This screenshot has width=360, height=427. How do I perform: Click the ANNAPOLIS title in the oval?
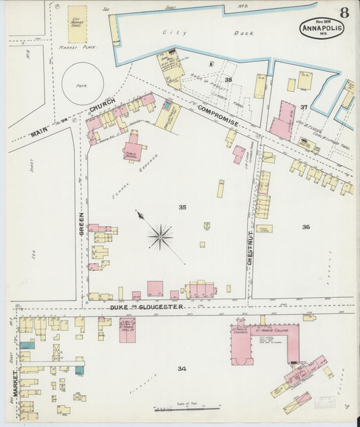click(322, 28)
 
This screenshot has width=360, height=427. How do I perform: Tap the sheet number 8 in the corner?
click(344, 12)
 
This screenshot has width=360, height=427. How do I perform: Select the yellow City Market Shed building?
click(77, 24)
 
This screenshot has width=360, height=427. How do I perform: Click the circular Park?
click(82, 83)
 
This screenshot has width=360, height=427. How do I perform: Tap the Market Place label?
click(78, 47)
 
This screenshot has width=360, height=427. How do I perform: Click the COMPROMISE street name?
click(217, 115)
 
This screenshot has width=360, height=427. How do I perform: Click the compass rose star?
click(160, 236)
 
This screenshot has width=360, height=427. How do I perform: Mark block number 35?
click(182, 207)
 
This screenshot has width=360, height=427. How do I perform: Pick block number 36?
click(305, 227)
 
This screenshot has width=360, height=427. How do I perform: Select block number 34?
click(182, 368)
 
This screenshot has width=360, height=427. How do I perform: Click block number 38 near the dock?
click(228, 80)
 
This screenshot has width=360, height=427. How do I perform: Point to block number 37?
click(304, 107)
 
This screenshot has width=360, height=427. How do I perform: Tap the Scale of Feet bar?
click(186, 408)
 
